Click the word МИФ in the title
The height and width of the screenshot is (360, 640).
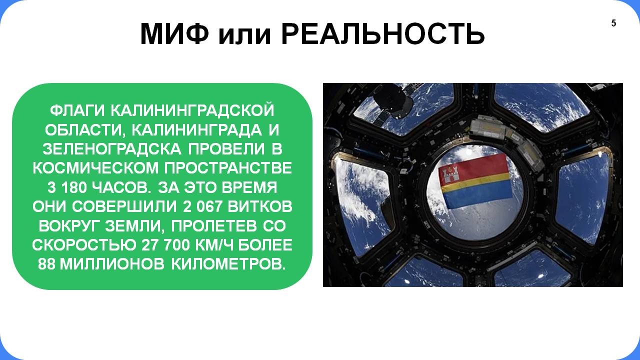tap(174, 33)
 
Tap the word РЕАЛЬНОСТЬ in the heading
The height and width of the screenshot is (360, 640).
tap(383, 33)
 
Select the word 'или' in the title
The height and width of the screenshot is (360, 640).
tap(244, 35)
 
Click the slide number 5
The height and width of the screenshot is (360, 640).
tap(613, 23)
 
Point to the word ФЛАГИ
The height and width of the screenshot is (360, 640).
tap(77, 110)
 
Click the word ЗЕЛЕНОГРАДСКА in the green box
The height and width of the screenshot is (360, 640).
tap(112, 149)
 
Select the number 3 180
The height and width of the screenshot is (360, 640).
tap(66, 188)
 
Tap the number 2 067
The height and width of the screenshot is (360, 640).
tap(202, 207)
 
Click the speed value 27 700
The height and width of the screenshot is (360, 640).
tap(165, 245)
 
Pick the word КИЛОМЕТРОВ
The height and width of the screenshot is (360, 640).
tap(228, 264)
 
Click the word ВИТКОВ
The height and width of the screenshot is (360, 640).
tap(260, 207)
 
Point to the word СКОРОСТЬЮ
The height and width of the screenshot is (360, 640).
tap(84, 245)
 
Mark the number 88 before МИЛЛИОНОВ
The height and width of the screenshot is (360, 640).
tap(46, 264)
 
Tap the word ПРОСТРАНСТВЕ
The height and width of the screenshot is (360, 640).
tap(228, 168)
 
